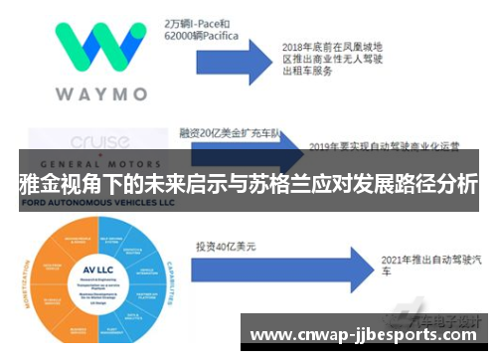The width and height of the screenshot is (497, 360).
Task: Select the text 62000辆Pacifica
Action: (x=203, y=34)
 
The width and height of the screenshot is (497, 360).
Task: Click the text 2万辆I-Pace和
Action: (x=197, y=19)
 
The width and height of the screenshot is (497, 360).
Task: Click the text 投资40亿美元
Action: (x=228, y=245)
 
